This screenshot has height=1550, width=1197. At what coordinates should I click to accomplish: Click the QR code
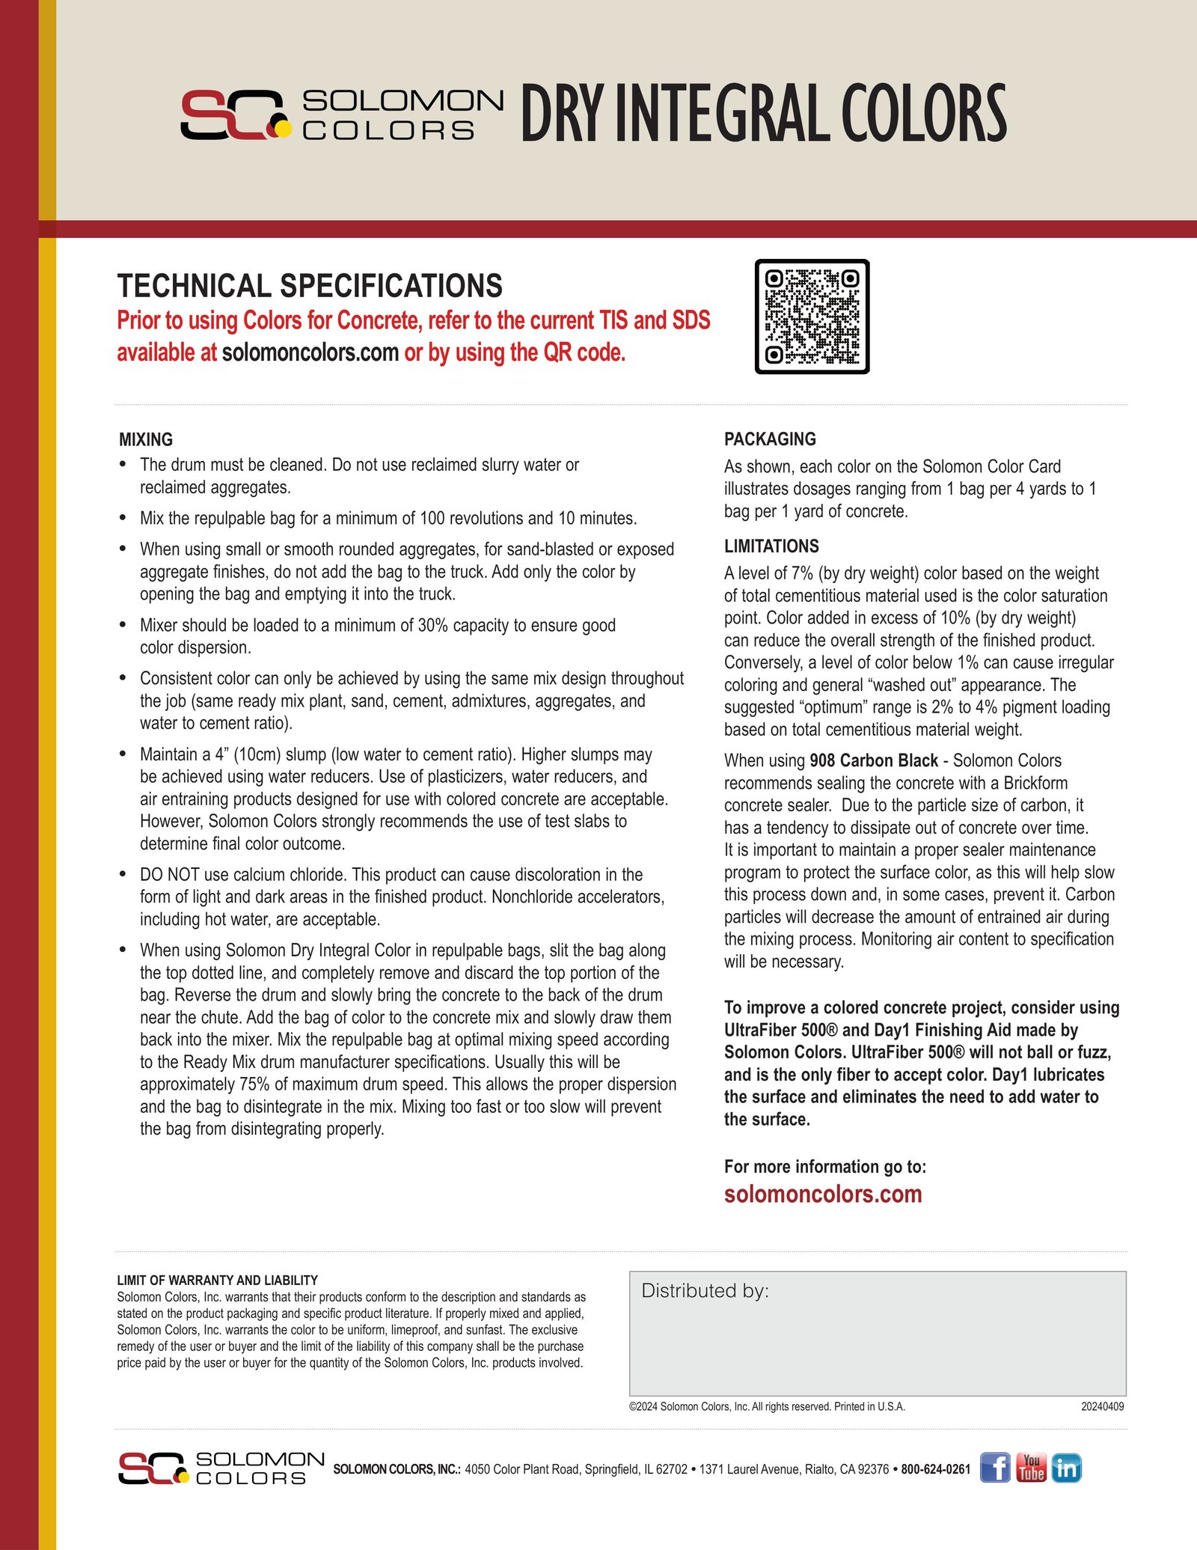pos(812,317)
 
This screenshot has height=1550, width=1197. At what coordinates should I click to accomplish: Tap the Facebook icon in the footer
pos(995,1468)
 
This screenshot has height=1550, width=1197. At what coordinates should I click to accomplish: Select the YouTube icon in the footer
pos(1031,1468)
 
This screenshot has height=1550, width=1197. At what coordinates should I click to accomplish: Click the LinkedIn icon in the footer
pos(1066,1468)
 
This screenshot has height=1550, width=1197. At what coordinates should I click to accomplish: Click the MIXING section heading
pos(146,439)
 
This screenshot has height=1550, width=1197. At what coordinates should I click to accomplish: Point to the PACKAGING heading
pos(770,439)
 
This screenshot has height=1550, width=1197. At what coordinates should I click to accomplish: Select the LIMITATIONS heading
pos(771,546)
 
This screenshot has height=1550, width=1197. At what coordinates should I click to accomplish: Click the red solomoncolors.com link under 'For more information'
pos(823,1194)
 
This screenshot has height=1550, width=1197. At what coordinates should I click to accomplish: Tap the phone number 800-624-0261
pos(935,1469)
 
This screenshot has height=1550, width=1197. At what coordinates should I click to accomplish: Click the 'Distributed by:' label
pos(705,1290)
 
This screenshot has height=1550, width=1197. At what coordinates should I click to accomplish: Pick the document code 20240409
pos(1102,1406)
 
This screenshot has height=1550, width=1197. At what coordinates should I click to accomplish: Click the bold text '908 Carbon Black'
pos(874,760)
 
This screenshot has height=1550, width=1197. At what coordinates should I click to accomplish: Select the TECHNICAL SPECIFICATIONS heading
pos(310,286)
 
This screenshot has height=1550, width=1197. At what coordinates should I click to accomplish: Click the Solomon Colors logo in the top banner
pos(342,115)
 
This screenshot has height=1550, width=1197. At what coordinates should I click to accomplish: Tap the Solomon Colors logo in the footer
pos(221,1468)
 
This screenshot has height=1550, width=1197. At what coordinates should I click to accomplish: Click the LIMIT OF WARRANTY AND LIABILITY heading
pos(217,1280)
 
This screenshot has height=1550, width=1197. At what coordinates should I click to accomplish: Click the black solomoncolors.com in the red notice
pos(310,352)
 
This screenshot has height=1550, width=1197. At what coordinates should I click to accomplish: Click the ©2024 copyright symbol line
pos(767,1406)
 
